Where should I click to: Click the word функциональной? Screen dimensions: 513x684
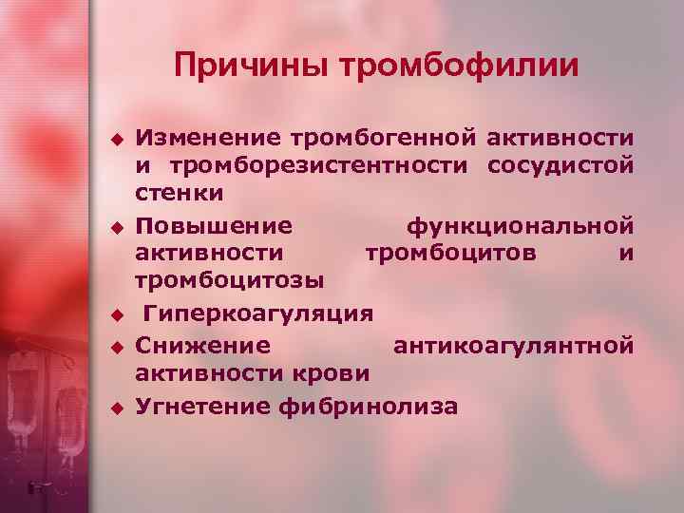point(520,227)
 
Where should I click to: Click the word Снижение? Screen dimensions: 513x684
point(202,347)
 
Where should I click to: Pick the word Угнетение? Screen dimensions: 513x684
point(205,407)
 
